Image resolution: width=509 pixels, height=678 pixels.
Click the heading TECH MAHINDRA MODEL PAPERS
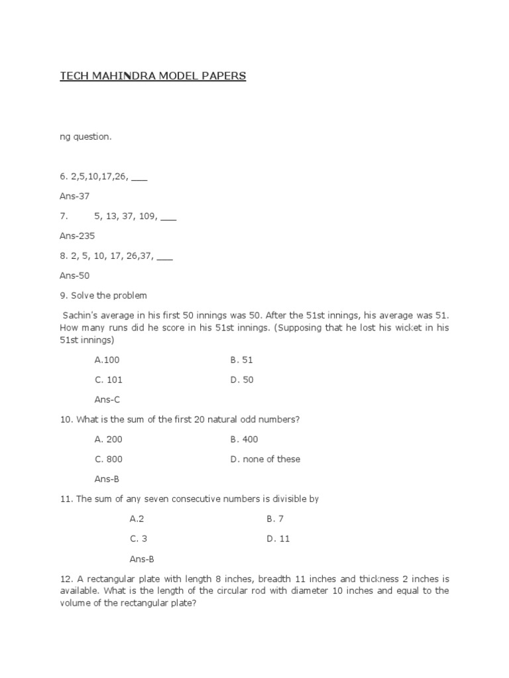153,76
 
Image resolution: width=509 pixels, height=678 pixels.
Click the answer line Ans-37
74,196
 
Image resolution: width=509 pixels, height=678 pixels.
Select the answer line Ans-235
77,236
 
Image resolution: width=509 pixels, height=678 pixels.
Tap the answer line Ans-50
74,275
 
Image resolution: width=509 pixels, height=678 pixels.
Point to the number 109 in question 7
147,216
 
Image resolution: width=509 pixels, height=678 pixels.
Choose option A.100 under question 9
107,360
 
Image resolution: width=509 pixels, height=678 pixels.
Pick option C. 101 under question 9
109,380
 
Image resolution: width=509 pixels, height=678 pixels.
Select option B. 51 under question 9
242,360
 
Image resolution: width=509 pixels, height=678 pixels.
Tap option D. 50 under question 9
242,380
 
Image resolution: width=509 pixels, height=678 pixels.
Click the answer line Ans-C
107,400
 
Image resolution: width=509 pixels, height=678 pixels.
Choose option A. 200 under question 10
109,440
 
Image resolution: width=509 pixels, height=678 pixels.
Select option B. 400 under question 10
245,440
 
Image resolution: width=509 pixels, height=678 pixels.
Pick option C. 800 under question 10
109,460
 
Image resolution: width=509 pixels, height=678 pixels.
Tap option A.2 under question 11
137,519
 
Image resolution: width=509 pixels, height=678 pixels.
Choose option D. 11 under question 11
278,539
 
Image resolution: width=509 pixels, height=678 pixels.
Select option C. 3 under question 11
139,539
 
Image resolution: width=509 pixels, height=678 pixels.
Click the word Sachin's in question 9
82,315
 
